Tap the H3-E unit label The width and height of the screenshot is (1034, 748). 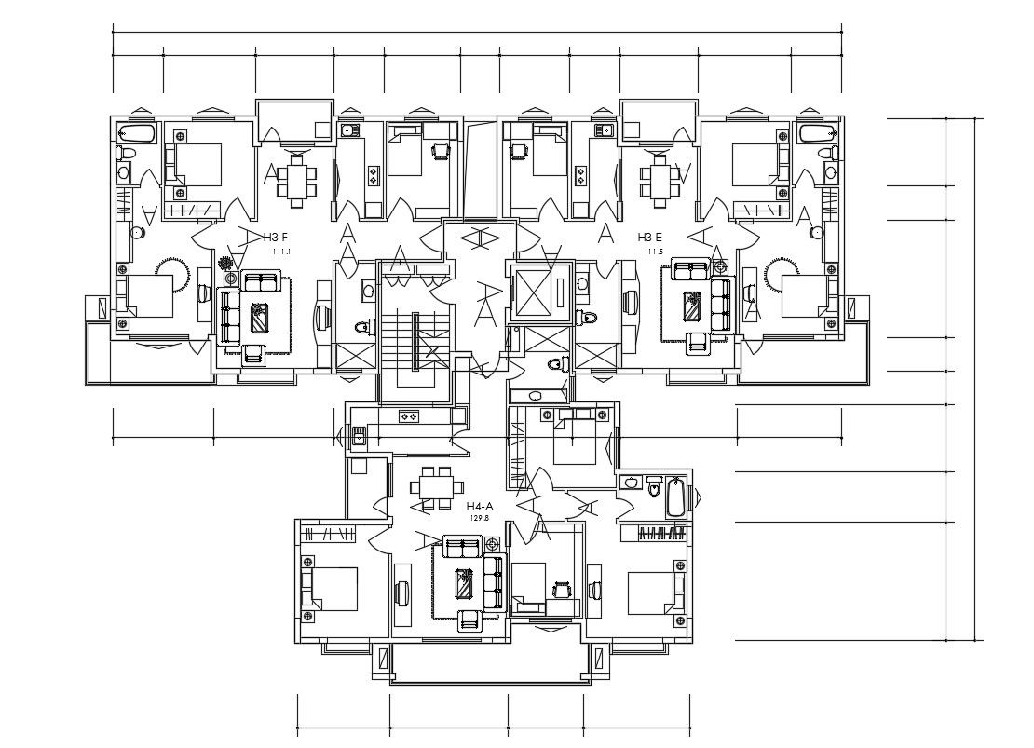click(x=650, y=238)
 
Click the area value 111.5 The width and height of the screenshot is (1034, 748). click(x=653, y=252)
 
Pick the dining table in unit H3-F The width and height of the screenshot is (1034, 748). click(x=296, y=181)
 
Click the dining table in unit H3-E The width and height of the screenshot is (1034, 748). click(x=659, y=180)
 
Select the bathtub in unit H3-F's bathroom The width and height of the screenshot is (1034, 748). click(x=136, y=131)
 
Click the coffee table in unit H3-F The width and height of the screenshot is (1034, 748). click(x=258, y=318)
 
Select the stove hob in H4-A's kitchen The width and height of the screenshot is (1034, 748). click(x=408, y=416)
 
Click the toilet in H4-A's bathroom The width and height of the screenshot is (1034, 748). click(x=653, y=488)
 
